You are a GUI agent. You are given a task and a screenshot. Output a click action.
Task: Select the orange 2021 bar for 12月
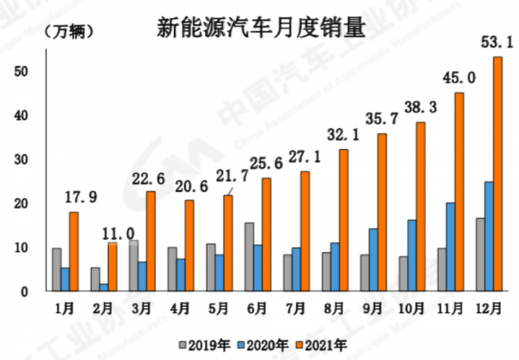(497, 174)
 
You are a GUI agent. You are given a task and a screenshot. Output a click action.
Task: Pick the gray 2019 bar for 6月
(249, 257)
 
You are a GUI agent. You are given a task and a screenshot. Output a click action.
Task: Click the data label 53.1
(498, 41)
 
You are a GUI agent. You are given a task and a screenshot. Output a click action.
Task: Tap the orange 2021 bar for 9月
(382, 213)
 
